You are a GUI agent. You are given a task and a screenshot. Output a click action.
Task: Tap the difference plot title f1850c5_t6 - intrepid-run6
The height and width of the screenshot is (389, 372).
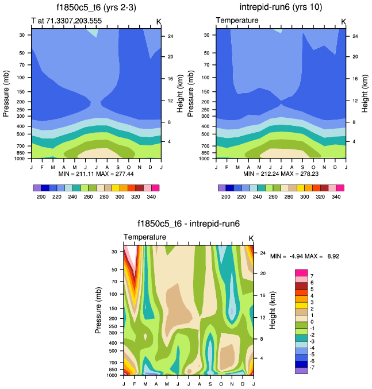(189, 225)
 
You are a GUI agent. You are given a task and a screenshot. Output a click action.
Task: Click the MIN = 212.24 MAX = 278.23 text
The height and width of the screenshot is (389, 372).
(281, 174)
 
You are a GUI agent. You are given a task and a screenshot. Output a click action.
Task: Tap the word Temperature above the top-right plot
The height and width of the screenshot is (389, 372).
(237, 21)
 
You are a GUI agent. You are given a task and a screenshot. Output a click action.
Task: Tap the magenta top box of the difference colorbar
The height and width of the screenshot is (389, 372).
(301, 272)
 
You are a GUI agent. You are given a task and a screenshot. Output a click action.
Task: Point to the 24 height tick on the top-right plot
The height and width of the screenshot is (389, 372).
(355, 36)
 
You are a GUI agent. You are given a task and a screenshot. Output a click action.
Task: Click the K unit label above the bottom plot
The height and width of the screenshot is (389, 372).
(251, 238)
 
